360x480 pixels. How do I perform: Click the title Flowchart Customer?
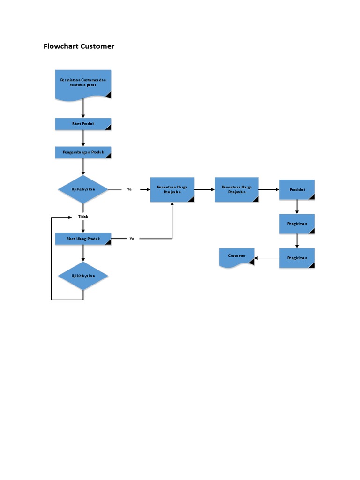(x=79, y=46)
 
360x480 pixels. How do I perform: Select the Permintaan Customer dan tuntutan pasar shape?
(x=83, y=84)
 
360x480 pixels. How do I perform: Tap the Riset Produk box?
(x=83, y=124)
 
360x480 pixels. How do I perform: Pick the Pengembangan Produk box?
(x=83, y=153)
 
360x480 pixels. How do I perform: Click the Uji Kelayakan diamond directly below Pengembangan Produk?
(x=83, y=189)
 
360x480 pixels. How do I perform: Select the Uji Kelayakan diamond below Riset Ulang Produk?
(x=83, y=276)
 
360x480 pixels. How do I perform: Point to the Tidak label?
(x=83, y=217)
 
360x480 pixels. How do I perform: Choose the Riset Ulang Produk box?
(x=83, y=239)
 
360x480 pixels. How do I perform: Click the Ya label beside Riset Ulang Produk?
(x=132, y=239)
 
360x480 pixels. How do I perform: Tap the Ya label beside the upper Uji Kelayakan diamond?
(x=129, y=189)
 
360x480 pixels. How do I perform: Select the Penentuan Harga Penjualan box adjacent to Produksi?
(x=236, y=189)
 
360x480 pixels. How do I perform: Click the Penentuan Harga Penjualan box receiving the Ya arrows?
(x=172, y=189)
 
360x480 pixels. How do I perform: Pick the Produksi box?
(x=297, y=189)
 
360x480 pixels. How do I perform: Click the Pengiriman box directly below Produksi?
(x=297, y=224)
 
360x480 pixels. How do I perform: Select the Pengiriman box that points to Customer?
(x=297, y=258)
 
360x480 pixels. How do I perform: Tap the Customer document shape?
(x=237, y=257)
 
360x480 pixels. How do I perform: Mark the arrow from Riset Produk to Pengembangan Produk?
(x=83, y=138)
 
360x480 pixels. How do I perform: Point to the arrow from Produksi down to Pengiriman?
(x=297, y=207)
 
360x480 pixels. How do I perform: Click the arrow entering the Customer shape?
(x=267, y=258)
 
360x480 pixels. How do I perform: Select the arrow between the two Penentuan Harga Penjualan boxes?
(x=204, y=189)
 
